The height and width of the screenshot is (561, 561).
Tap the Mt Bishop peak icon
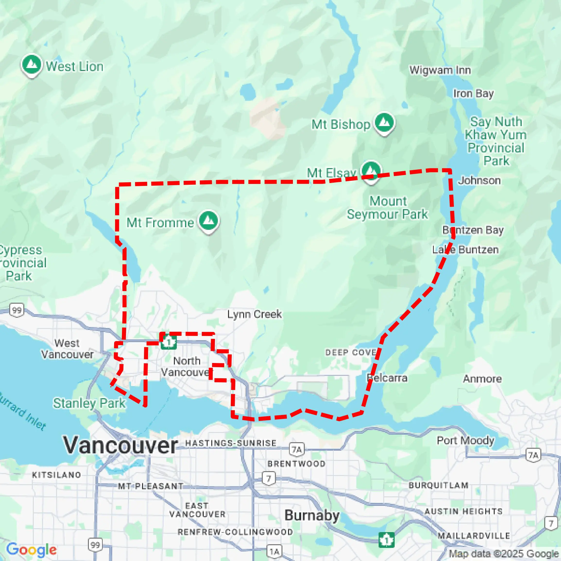384,123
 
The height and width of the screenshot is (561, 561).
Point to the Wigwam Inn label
440,70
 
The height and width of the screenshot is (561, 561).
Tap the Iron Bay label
473,94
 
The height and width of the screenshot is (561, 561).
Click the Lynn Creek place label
254,314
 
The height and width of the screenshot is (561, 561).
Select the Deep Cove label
351,352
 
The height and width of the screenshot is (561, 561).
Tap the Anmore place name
482,379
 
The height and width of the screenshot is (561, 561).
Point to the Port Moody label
465,440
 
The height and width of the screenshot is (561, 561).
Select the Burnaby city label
312,515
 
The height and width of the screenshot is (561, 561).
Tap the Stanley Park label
89,403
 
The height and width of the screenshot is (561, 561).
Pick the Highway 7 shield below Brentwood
269,478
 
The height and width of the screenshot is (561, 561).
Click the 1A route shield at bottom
274,551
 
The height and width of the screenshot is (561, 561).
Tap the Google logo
31,549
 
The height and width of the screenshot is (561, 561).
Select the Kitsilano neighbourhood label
57,475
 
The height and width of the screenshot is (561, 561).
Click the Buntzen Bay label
473,230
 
